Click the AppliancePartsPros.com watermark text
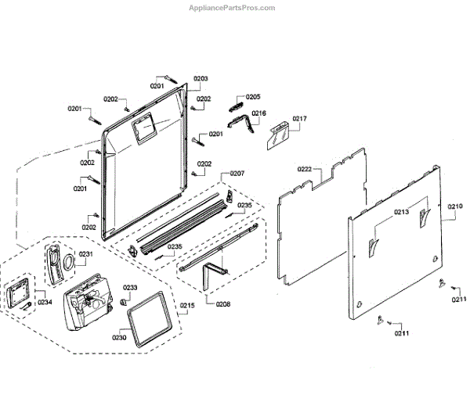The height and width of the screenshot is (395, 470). click(233, 8)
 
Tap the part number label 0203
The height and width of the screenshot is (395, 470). click(201, 79)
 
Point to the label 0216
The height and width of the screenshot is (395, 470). click(258, 113)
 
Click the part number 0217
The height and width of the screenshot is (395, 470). click(299, 119)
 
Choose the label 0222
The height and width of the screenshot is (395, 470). click(305, 170)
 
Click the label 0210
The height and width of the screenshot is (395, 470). click(455, 206)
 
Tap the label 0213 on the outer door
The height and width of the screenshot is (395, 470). click(402, 212)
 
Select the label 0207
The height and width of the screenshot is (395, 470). click(237, 173)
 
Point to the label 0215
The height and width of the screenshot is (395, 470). click(188, 305)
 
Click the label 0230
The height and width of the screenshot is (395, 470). click(119, 337)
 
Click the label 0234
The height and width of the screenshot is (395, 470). click(45, 303)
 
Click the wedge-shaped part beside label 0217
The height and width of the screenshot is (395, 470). click(278, 134)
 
